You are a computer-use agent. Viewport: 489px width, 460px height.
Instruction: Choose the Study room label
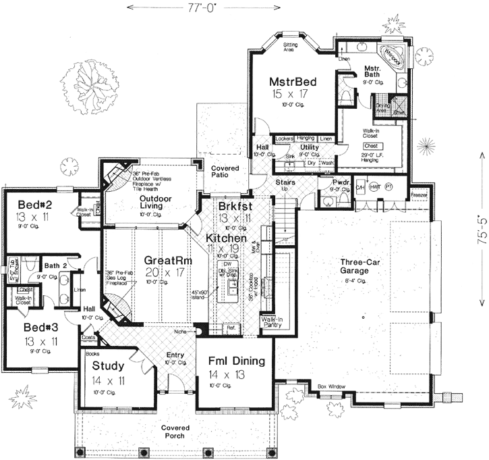point(108,367)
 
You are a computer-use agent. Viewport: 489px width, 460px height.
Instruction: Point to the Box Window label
point(332,386)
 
